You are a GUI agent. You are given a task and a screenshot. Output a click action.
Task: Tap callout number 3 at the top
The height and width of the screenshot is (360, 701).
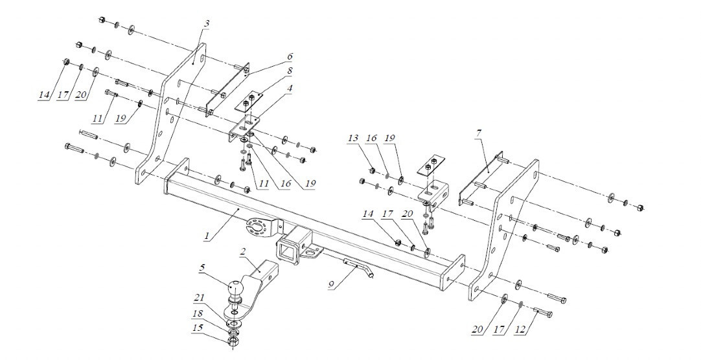[x=206, y=24]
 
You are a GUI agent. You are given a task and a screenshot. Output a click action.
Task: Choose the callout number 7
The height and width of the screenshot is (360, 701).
[x=479, y=134]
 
